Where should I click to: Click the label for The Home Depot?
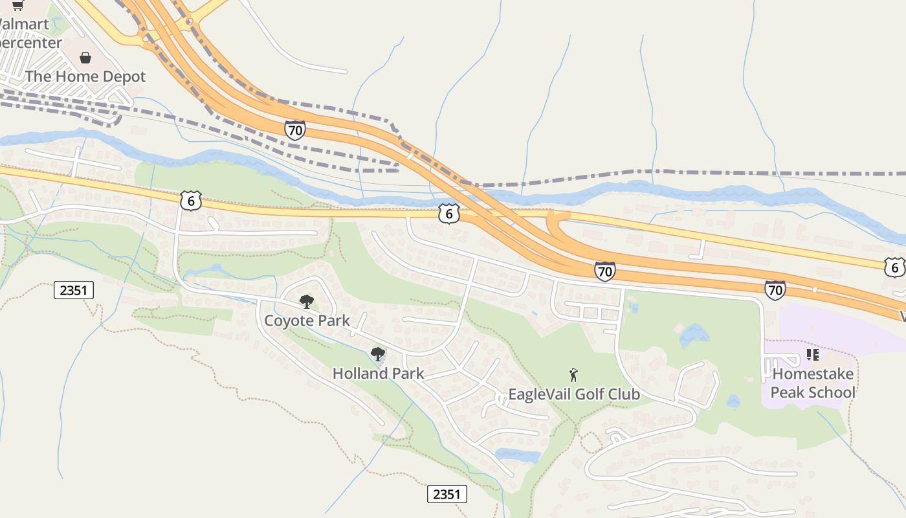click(85, 76)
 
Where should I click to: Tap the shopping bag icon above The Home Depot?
click(85, 58)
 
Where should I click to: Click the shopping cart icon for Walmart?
click(17, 5)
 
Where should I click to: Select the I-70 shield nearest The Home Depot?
click(294, 130)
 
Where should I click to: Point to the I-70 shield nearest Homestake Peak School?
click(775, 289)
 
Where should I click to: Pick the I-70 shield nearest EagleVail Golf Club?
click(604, 271)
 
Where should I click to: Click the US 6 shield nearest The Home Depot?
click(191, 201)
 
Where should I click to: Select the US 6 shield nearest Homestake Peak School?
click(894, 267)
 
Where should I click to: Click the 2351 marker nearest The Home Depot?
click(73, 290)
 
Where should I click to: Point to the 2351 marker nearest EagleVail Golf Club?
click(447, 495)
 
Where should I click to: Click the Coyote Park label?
click(307, 321)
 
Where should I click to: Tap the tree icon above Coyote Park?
click(307, 301)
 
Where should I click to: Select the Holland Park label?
click(378, 374)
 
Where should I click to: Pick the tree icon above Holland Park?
click(378, 354)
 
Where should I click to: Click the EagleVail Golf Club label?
click(573, 394)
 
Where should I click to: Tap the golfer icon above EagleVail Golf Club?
click(573, 375)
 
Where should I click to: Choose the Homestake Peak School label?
click(813, 383)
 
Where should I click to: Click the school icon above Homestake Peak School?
click(813, 355)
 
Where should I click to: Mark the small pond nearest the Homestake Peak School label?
click(733, 401)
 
